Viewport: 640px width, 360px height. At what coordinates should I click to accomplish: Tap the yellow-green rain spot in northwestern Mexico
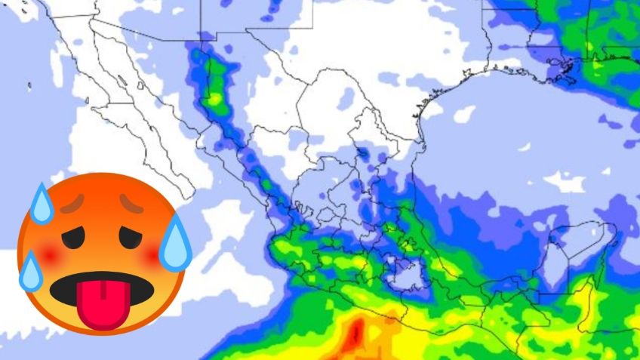point(217,97)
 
